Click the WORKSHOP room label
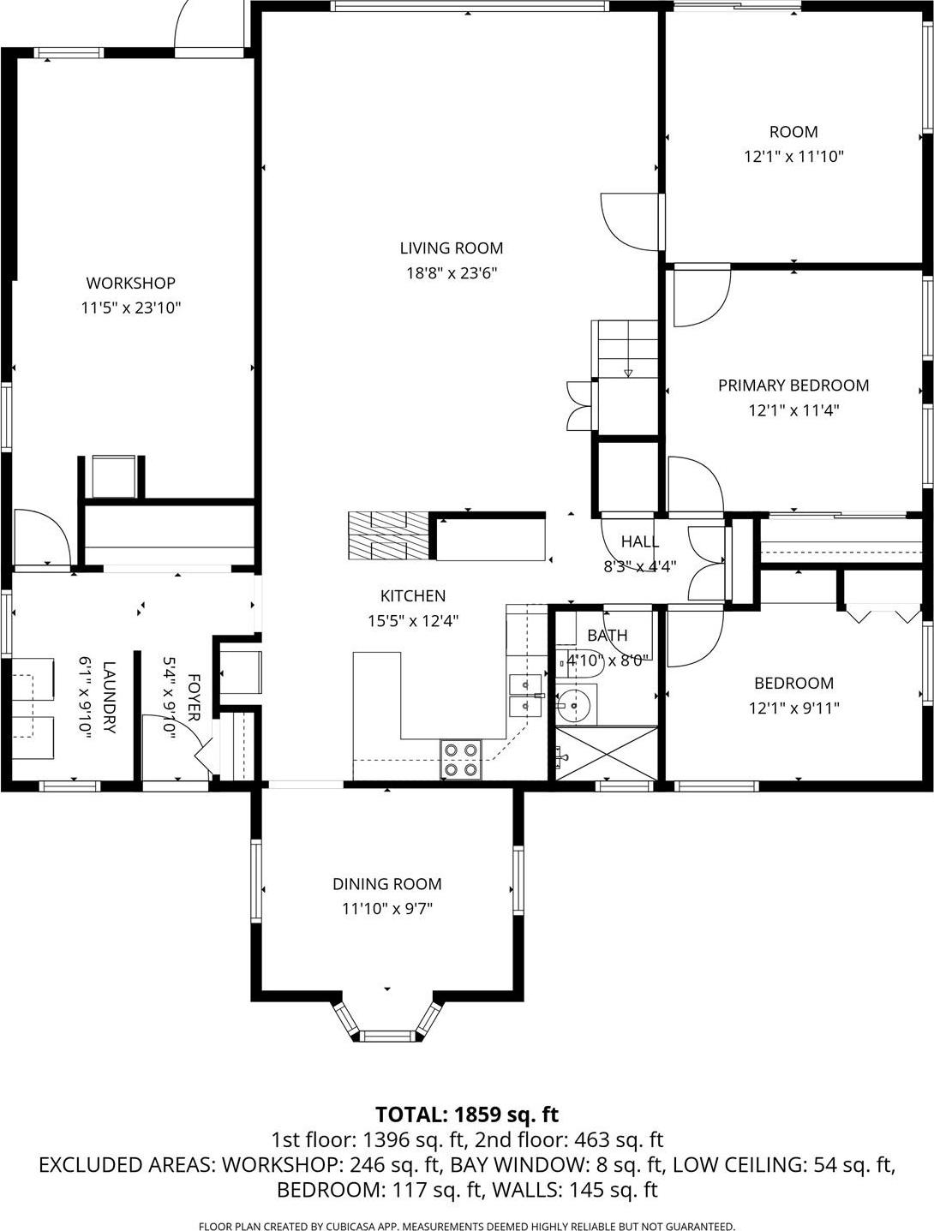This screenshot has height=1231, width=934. [x=130, y=283]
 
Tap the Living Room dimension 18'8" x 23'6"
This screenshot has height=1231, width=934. [x=452, y=273]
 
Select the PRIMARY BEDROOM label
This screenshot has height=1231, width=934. [x=793, y=385]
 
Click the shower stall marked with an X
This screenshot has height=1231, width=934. [x=606, y=753]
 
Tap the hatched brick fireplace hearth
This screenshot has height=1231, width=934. [x=386, y=535]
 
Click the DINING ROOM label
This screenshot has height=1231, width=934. [x=387, y=884]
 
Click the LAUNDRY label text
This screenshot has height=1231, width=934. [x=109, y=696]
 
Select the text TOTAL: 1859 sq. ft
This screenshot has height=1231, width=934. [x=467, y=1114]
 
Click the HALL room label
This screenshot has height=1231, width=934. [x=639, y=541]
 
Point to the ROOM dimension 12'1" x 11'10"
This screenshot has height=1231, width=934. [x=793, y=157]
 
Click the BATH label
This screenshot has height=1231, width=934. [x=607, y=635]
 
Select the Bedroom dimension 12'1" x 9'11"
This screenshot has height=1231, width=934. [x=793, y=708]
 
